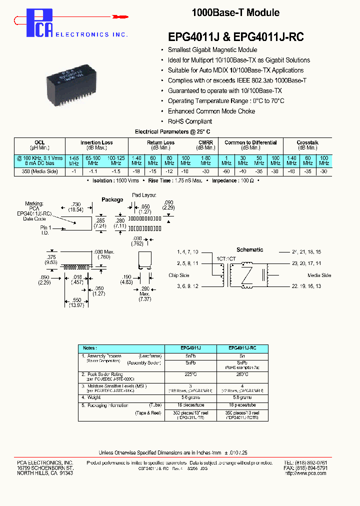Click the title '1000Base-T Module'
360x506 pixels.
235,13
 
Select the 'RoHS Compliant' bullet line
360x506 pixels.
189,121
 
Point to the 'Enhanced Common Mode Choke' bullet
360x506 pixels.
207,111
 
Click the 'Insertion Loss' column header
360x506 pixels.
96,142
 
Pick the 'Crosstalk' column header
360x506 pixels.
307,142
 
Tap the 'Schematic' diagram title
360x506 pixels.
249,249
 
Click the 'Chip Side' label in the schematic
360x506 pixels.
179,275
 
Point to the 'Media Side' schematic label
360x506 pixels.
319,275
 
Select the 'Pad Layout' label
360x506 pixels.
144,194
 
